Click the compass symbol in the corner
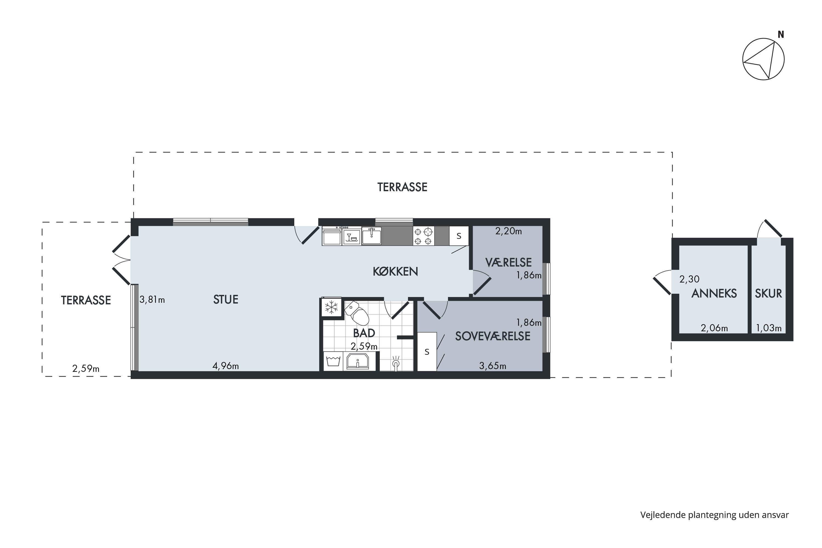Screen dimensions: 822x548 coord(764,59)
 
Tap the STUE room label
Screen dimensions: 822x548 coord(226,299)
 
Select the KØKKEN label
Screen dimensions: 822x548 coord(395,272)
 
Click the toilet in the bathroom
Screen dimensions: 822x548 coord(357,313)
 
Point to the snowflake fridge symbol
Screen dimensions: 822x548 coord(331,307)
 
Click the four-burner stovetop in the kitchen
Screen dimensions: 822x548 coord(424,236)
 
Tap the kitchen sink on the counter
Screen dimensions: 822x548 coord(372,236)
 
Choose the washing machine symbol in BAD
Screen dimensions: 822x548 coord(333,361)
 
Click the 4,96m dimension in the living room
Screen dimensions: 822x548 coord(226,366)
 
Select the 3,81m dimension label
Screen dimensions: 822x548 coord(152,299)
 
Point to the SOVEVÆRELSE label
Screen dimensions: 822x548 coord(493,336)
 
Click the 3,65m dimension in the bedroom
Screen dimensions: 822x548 coord(493,366)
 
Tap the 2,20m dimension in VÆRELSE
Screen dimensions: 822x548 coord(509,231)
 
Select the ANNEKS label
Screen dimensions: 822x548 coord(714,293)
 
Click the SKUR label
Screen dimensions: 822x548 coord(769,293)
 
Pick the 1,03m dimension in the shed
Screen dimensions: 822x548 coord(769,328)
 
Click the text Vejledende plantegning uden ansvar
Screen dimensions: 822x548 coord(715,515)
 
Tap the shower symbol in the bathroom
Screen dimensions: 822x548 coord(396,364)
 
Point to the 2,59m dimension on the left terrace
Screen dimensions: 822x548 coord(86,369)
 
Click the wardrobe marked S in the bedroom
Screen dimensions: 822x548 coord(427,352)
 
